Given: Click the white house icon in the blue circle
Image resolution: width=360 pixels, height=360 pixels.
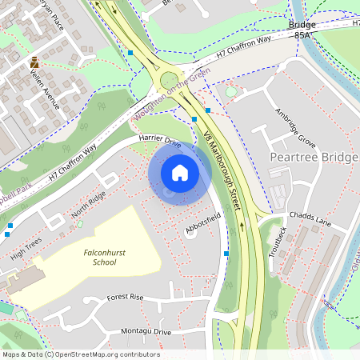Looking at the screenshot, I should tap(179, 172).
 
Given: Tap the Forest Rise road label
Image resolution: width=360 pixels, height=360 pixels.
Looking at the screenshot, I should tap(125, 297).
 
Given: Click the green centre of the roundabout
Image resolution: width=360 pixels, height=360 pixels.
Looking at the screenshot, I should tap(170, 79).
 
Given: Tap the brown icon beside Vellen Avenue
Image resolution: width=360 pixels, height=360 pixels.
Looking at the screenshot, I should tap(34, 62).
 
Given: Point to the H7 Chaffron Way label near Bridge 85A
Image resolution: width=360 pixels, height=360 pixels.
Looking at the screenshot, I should tap(250, 48).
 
